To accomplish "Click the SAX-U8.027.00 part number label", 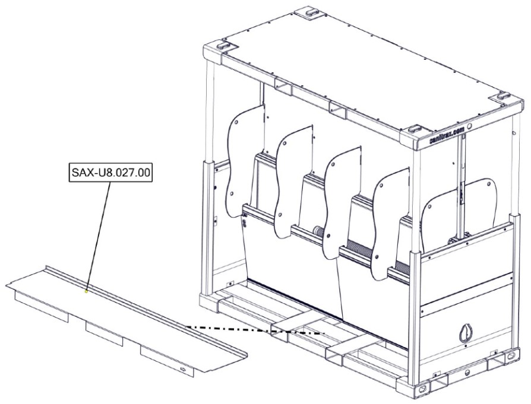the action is point(110,173).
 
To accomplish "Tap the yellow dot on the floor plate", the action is point(86,291).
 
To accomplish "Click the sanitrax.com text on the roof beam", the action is point(447,135).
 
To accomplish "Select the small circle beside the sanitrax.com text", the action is point(469,127).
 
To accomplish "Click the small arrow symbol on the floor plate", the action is point(183,369).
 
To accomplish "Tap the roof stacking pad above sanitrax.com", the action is point(414,129).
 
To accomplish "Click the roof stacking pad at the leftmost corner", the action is point(223,44).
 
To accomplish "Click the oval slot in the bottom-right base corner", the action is point(511,355).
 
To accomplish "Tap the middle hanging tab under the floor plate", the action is point(104,333).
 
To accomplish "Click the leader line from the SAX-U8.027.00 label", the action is point(98,236).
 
